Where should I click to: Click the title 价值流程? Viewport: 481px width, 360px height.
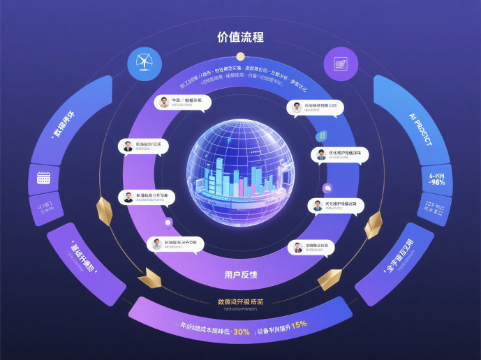click(240, 37)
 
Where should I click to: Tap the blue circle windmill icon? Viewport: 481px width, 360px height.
click(142, 61)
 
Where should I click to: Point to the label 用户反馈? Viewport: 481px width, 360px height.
click(240, 273)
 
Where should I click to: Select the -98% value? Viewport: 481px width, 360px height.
click(438, 182)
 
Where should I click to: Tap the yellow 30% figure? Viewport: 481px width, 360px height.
click(242, 331)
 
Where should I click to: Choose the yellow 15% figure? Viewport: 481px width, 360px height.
click(299, 324)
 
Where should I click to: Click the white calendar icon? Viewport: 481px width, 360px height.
click(44, 178)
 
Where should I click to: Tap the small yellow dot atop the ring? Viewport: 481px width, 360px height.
click(240, 57)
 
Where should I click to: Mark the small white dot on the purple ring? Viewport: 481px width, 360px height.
click(168, 223)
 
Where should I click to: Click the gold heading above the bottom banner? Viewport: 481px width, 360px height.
click(240, 301)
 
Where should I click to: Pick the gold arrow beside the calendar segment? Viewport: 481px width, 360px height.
click(105, 210)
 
